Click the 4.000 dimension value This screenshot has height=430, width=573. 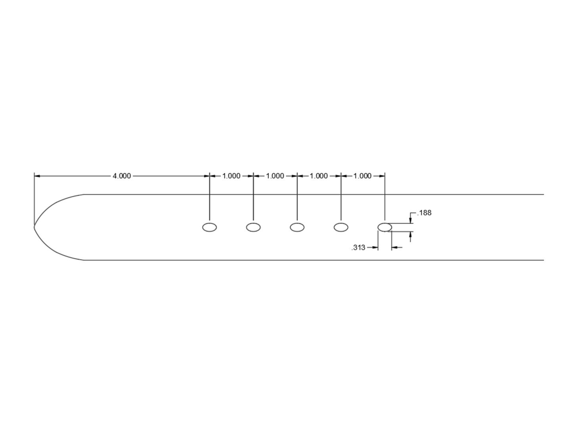pos(122,176)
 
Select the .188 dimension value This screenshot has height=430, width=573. pos(424,213)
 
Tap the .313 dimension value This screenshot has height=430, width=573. pos(358,248)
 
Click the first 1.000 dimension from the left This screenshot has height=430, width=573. pos(231,176)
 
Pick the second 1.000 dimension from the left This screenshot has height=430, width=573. pos(275,176)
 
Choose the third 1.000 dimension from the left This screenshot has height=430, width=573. pos(319,176)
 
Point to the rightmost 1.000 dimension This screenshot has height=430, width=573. pos(362,176)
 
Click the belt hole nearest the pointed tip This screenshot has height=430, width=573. pos(209,223)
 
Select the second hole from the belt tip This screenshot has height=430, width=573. pos(253,223)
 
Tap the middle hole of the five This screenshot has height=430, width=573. pos(297,223)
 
